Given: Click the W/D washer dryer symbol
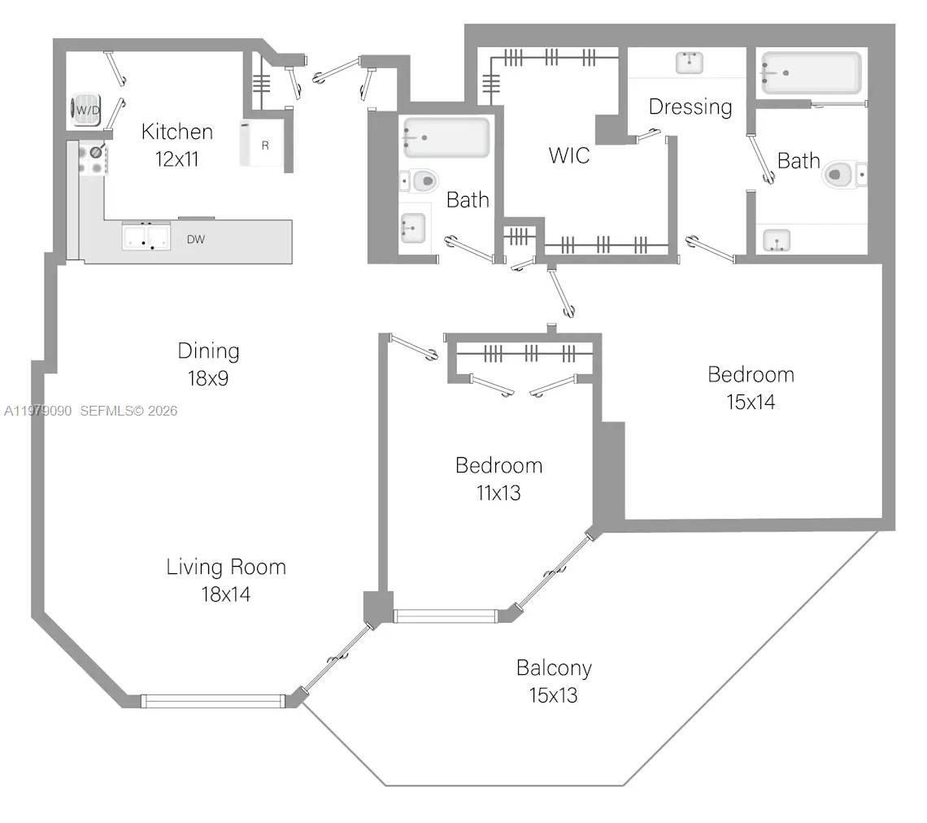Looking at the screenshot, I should pyautogui.click(x=86, y=109).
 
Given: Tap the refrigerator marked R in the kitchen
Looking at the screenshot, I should pyautogui.click(x=262, y=145).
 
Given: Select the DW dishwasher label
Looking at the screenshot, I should pyautogui.click(x=195, y=239).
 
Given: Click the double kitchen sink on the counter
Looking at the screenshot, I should pyautogui.click(x=146, y=237).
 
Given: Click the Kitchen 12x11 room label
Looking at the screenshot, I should pyautogui.click(x=176, y=144).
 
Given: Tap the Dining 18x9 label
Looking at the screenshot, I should pyautogui.click(x=208, y=364).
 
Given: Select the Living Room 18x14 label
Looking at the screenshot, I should pyautogui.click(x=226, y=580).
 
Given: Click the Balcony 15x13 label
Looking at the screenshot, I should pyautogui.click(x=554, y=681).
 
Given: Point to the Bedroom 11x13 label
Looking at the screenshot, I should pyautogui.click(x=498, y=478).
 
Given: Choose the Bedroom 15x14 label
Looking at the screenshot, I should pyautogui.click(x=750, y=387).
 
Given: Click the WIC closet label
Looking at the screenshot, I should pyautogui.click(x=568, y=155).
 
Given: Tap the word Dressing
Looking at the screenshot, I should pyautogui.click(x=690, y=107).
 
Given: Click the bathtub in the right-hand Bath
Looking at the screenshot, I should pyautogui.click(x=811, y=73).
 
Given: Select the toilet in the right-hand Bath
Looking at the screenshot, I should pyautogui.click(x=842, y=174).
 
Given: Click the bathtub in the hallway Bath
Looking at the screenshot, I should pyautogui.click(x=446, y=137).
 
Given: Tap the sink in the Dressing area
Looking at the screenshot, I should pyautogui.click(x=689, y=62).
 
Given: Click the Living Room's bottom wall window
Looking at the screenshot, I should pyautogui.click(x=212, y=700).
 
